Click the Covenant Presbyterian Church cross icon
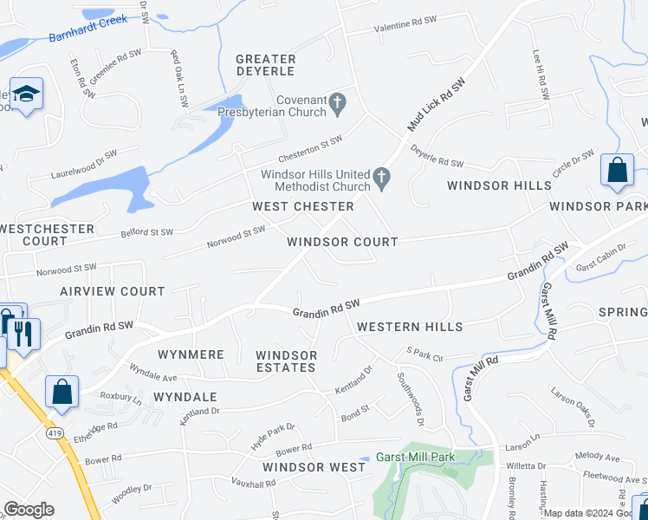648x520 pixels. (338, 105)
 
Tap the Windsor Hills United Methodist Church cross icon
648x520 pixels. (380, 179)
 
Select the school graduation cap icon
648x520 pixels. (27, 94)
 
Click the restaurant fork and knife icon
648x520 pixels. (23, 332)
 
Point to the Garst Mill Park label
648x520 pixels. (416, 458)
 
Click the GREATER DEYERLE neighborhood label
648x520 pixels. (266, 66)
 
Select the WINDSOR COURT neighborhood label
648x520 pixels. (342, 242)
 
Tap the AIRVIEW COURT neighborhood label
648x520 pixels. (113, 291)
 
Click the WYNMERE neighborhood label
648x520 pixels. (191, 354)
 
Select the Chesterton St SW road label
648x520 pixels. (310, 149)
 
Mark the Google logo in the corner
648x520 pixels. (29, 510)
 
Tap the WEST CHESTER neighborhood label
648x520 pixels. (303, 206)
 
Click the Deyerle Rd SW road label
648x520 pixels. (438, 155)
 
